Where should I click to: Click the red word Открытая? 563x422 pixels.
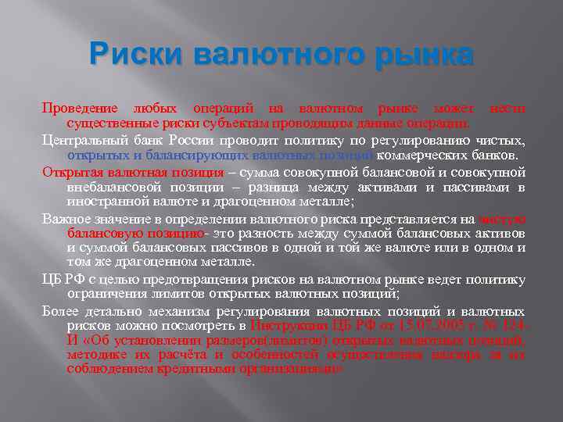[71, 171]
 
